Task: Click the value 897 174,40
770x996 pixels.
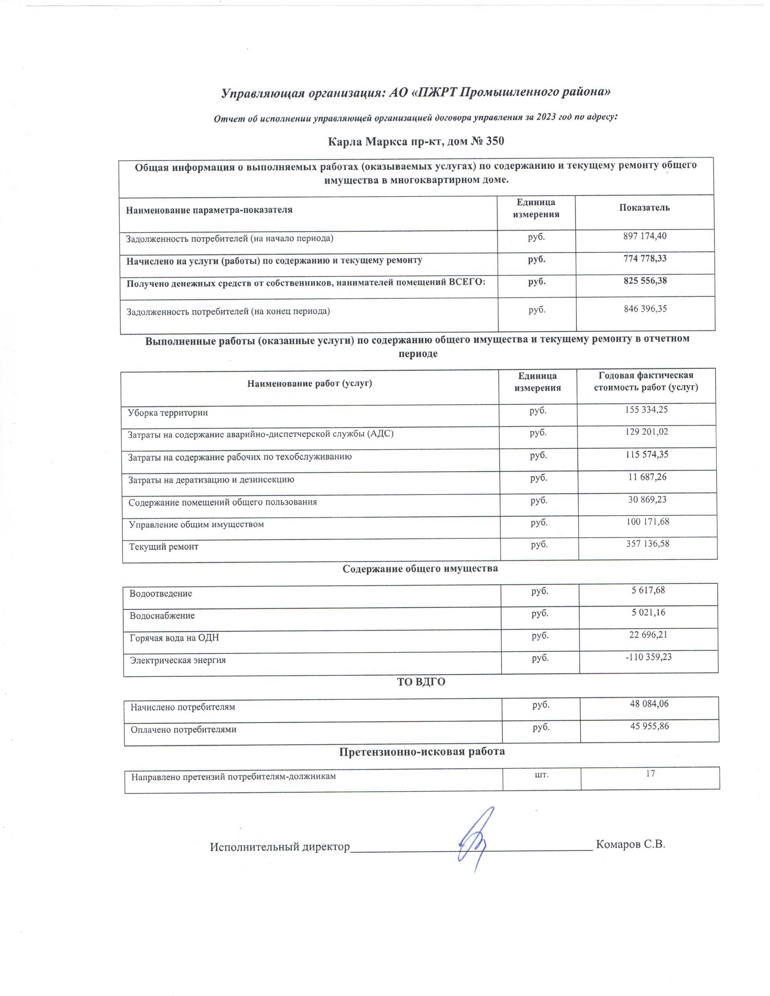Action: pyautogui.click(x=645, y=236)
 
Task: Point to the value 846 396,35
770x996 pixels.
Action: pyautogui.click(x=645, y=309)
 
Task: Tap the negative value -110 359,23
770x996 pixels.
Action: pyautogui.click(x=648, y=657)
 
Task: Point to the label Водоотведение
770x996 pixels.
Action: pyautogui.click(x=161, y=594)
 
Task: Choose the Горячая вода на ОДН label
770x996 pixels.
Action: pyautogui.click(x=174, y=637)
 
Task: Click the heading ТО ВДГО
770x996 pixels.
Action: pyautogui.click(x=421, y=682)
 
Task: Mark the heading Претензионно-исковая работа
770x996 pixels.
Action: pyautogui.click(x=422, y=751)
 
